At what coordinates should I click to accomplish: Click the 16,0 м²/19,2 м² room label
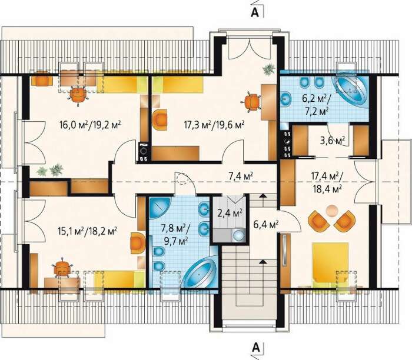tap(90, 124)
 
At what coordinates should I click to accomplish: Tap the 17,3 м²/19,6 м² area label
tap(214, 124)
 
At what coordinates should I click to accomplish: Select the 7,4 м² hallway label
tap(241, 176)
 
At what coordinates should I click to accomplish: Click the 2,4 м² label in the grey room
tap(230, 213)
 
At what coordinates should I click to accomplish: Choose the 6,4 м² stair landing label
tap(266, 225)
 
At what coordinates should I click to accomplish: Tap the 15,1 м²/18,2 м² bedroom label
tap(88, 231)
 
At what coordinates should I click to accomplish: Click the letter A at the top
tap(255, 12)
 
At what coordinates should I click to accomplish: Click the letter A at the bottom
tap(255, 348)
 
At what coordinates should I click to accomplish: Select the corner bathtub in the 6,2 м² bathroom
tap(351, 88)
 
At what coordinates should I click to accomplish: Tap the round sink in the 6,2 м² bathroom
tap(286, 99)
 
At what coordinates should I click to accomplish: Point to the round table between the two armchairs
tap(332, 211)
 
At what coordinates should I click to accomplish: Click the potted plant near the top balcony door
tap(268, 69)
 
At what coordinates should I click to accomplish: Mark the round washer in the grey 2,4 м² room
tap(238, 235)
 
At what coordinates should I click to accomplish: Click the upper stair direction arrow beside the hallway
tap(263, 196)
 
